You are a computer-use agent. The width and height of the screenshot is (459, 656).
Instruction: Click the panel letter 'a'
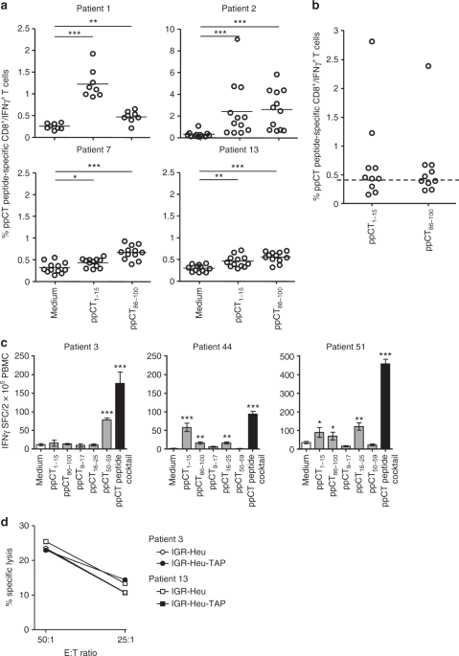tap(5, 6)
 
